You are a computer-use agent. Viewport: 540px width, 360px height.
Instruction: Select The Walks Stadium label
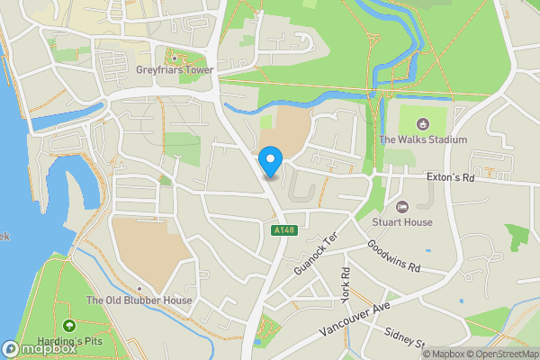[422, 139]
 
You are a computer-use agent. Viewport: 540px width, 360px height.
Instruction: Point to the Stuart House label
[402, 222]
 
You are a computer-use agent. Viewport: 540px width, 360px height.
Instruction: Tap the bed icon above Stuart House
[402, 207]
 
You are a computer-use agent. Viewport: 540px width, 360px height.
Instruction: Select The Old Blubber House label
[139, 301]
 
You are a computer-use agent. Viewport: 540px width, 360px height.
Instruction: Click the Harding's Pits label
[70, 340]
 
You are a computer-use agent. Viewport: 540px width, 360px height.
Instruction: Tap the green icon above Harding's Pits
[69, 326]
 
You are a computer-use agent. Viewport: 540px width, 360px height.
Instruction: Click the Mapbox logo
[38, 348]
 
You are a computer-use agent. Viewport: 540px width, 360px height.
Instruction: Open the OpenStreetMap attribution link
[499, 353]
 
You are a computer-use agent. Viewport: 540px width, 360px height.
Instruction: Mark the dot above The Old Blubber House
[139, 289]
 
